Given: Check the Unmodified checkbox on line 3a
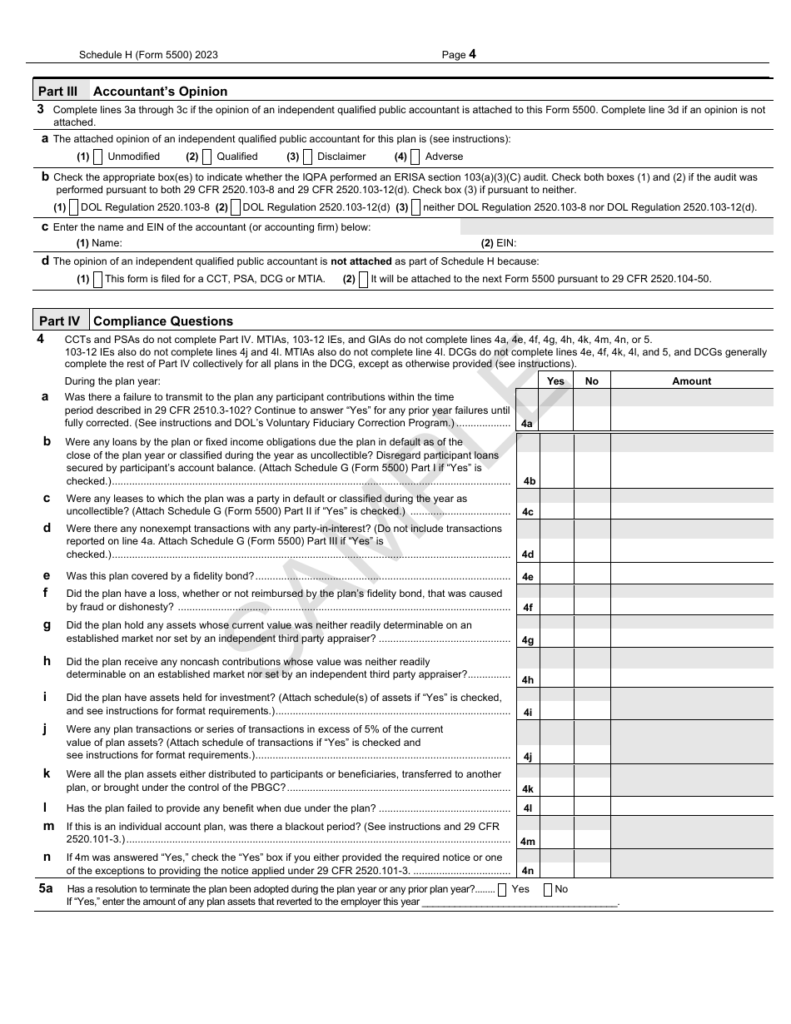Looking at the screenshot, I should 97,157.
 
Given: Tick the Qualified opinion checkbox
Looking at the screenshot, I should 206,157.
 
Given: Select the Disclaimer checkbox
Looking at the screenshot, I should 307,157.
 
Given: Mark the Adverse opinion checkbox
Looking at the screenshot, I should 415,157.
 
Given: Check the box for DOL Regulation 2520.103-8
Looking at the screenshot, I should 73,207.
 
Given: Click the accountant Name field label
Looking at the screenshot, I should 99,243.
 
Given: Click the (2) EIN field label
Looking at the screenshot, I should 499,243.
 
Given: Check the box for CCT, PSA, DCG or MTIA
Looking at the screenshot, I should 97,279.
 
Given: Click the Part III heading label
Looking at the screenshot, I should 60,91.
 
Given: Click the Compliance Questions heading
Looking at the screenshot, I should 163,321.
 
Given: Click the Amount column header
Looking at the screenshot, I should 691,381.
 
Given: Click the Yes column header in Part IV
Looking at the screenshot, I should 555,381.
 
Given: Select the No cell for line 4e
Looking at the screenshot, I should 591,576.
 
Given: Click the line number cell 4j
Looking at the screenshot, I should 527,756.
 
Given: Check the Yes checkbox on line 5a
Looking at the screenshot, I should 502,889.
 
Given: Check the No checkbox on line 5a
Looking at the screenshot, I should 548,889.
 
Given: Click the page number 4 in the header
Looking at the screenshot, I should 472,54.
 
